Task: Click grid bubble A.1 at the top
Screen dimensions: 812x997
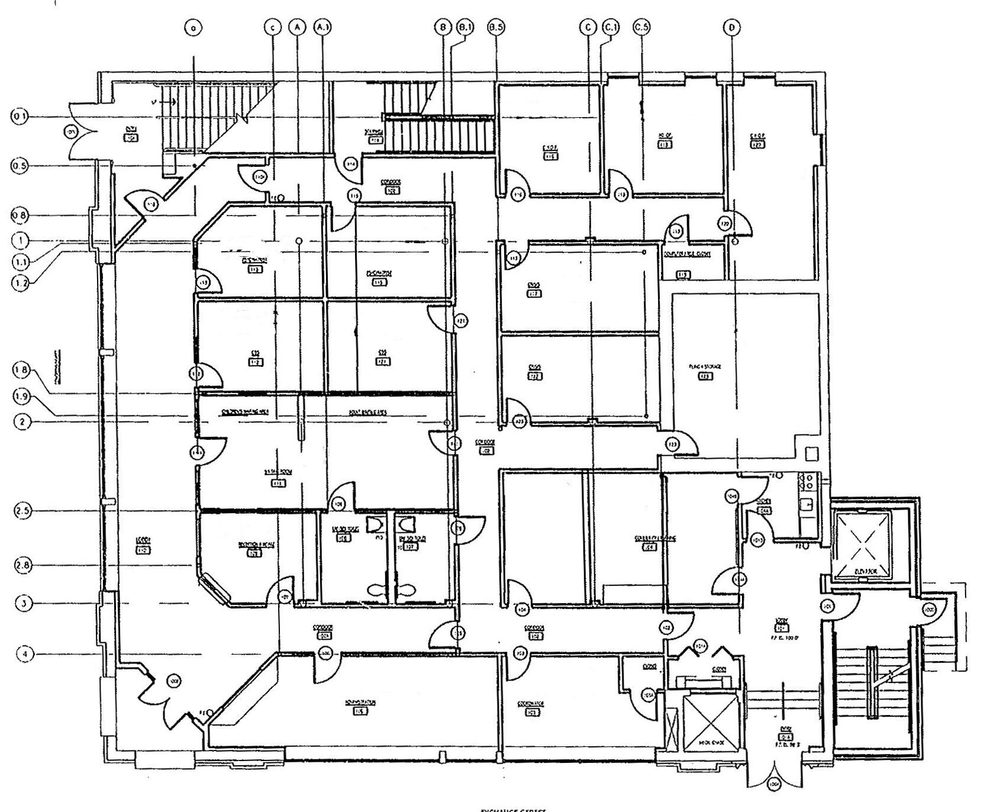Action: [x=322, y=27]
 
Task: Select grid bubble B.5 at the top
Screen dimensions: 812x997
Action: [x=496, y=27]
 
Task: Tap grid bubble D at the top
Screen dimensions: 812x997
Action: [x=732, y=27]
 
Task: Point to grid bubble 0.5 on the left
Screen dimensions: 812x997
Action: [x=20, y=166]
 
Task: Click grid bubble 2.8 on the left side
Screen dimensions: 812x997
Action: [x=22, y=565]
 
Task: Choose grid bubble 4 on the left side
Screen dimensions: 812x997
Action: [x=24, y=654]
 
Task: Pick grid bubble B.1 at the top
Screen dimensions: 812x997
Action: [x=465, y=27]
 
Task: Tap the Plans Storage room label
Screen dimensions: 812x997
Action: [x=705, y=367]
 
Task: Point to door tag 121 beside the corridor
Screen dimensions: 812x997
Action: [x=461, y=321]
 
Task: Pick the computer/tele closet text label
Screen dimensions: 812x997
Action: [x=686, y=254]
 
